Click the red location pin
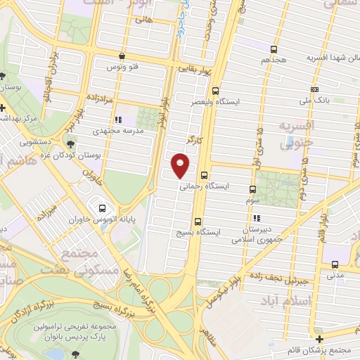coord(181,165)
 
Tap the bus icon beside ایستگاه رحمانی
coord(204,176)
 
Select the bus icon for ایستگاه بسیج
coord(197,220)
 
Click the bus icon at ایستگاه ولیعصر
coord(214,90)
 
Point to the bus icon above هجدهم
coord(274,49)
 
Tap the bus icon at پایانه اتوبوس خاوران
coord(103,208)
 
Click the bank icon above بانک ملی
coord(314,90)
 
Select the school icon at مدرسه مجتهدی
coord(118,120)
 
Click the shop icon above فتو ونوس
coord(122,55)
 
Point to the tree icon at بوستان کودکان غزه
coord(69,143)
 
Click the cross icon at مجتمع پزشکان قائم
coord(319,339)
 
